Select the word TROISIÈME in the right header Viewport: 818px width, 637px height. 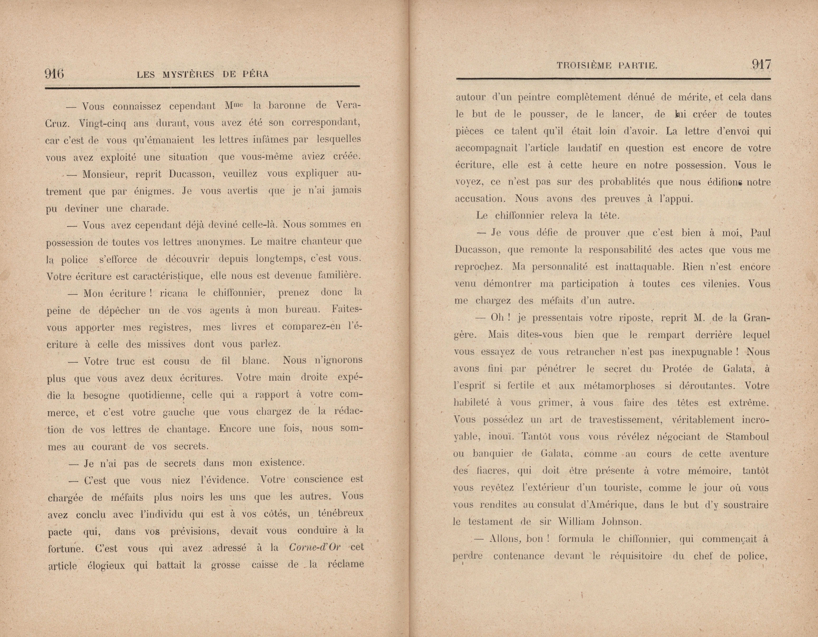[x=584, y=66]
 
